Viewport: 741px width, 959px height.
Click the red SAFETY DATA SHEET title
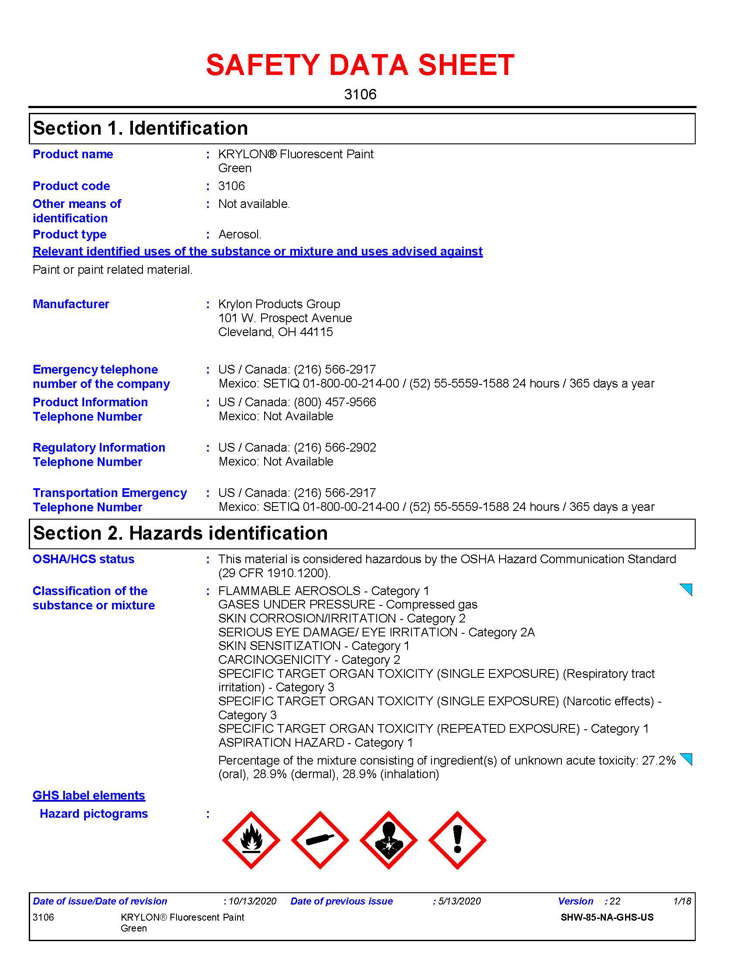click(x=360, y=65)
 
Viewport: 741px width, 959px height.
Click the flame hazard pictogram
click(x=251, y=840)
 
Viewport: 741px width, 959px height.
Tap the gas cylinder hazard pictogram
click(x=320, y=840)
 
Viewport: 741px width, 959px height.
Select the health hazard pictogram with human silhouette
click(x=388, y=840)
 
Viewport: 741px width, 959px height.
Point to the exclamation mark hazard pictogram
click(x=457, y=840)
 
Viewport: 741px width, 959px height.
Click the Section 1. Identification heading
click(x=140, y=128)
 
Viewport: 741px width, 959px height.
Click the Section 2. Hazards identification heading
click(x=180, y=533)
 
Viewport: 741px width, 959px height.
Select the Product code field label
click(x=71, y=186)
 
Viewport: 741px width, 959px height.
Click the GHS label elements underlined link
click(x=88, y=795)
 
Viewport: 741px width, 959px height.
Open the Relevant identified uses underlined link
click(x=258, y=251)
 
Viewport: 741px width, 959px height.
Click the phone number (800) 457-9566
click(x=335, y=402)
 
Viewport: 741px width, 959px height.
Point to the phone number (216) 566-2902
click(x=335, y=447)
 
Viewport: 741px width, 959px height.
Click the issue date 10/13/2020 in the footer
click(x=252, y=901)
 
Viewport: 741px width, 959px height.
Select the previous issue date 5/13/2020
click(x=459, y=901)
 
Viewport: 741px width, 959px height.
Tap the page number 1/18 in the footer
click(x=682, y=901)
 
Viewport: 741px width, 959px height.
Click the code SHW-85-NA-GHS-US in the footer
click(x=607, y=917)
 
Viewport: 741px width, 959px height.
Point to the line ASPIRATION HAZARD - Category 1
click(x=315, y=742)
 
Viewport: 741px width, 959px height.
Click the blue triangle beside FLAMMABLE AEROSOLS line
click(x=686, y=589)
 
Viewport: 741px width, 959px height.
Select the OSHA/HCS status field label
click(x=83, y=559)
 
